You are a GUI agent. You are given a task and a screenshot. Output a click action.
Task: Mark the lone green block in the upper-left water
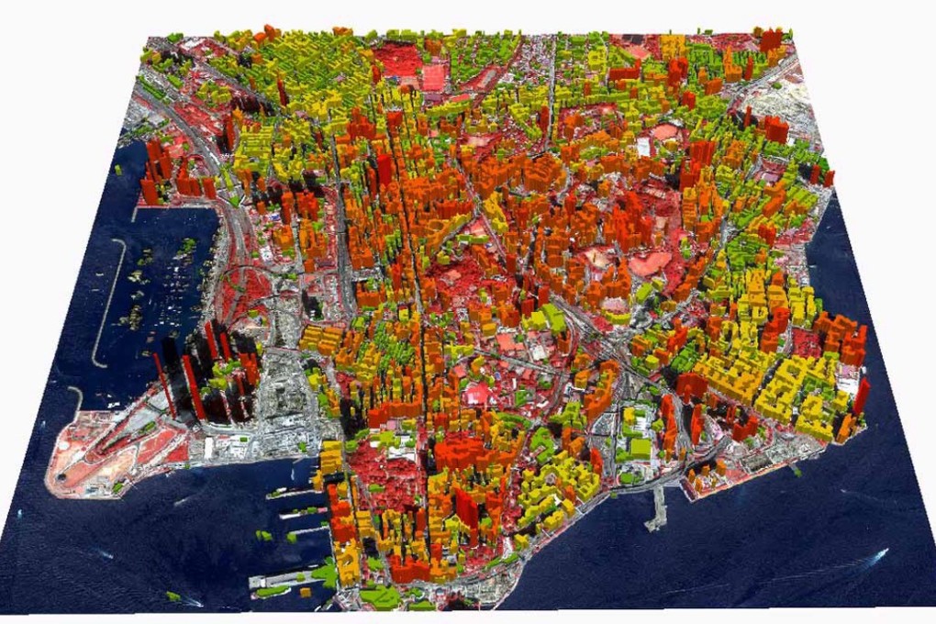tap(118, 171)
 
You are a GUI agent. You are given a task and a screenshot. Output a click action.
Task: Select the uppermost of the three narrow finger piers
tap(292, 493)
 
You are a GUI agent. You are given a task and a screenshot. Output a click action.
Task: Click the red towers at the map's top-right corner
tap(770, 39)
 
